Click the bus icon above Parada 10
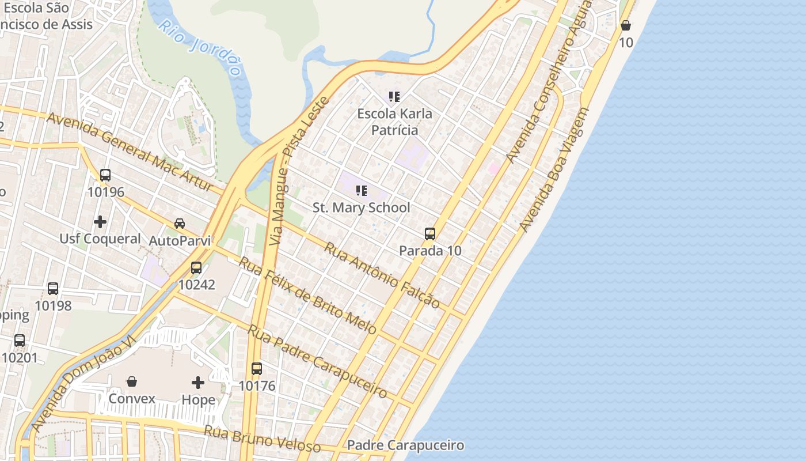(430, 234)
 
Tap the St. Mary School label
(362, 207)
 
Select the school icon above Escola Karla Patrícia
(394, 97)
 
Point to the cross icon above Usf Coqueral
(100, 222)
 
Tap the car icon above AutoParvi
(180, 224)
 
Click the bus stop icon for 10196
(105, 175)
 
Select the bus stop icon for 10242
(196, 268)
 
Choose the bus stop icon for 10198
(53, 289)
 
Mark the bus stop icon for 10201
(20, 341)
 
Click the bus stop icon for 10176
(257, 369)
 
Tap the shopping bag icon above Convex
(132, 381)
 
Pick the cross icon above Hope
(198, 383)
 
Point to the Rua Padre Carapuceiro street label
(317, 361)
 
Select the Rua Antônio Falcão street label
(382, 275)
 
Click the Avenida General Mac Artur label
(136, 152)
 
